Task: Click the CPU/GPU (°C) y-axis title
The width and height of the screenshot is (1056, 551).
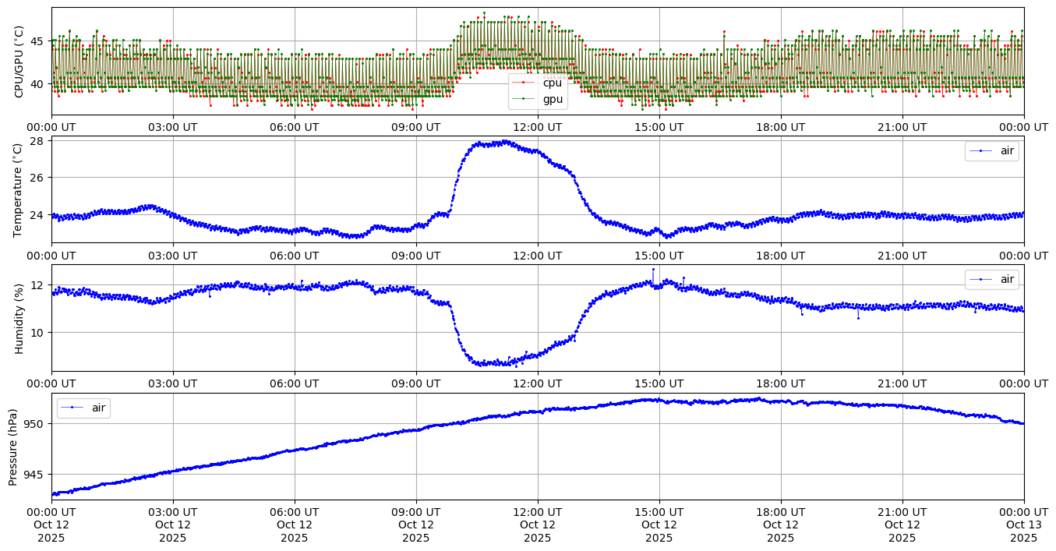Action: tap(19, 62)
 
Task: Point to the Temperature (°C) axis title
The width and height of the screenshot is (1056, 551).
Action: tap(19, 189)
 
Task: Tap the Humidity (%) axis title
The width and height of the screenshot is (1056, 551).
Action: tap(19, 318)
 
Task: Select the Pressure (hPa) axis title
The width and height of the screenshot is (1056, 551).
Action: tap(13, 447)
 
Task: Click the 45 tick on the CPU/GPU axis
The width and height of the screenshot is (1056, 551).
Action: tap(37, 41)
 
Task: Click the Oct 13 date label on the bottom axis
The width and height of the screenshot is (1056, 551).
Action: tap(1024, 525)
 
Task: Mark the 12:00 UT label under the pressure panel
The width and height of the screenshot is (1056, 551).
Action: tap(538, 512)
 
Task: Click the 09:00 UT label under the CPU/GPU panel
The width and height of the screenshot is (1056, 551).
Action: tap(416, 127)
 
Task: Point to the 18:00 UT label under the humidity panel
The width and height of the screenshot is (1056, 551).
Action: tap(781, 383)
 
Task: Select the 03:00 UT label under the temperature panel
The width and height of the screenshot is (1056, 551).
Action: tap(173, 256)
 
